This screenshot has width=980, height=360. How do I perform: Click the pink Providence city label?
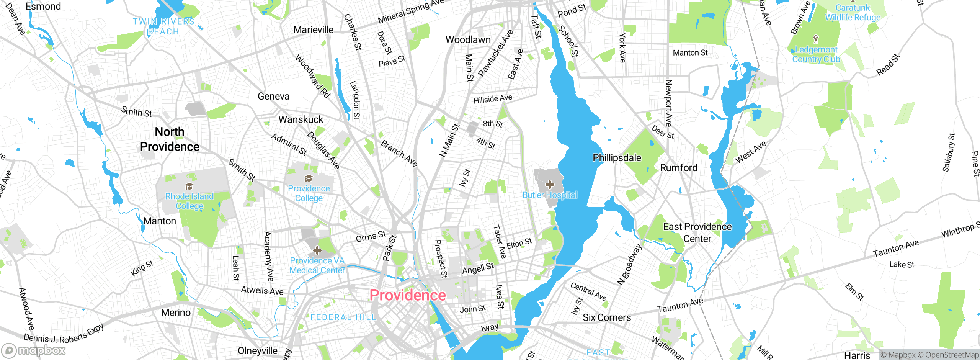coord(408,295)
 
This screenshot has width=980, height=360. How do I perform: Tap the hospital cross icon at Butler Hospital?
coord(550,185)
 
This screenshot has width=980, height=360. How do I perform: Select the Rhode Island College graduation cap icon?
coord(189,187)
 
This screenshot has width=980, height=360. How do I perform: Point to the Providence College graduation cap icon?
coord(309,178)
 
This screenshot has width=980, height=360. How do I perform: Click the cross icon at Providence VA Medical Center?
coord(317,251)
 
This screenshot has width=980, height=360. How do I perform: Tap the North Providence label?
coord(170,139)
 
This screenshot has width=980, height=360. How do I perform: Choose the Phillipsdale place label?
coord(617,158)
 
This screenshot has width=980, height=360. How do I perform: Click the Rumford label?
coord(679,168)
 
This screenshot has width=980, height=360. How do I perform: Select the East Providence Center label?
coord(697,232)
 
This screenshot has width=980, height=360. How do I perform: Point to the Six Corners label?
coord(607,317)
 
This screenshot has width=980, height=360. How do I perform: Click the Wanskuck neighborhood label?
coord(301,119)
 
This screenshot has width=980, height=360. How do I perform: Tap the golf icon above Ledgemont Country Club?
coord(816,39)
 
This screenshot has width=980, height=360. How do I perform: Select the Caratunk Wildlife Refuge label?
coord(853,13)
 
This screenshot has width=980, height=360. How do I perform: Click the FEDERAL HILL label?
coord(343,317)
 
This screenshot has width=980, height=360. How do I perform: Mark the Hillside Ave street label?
coord(493,99)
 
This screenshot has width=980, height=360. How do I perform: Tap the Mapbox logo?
coord(34,350)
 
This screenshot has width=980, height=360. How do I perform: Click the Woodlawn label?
coord(468,40)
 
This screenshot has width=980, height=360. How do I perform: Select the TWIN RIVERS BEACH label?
coord(163,26)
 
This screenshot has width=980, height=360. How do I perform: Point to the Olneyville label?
coord(258,351)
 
